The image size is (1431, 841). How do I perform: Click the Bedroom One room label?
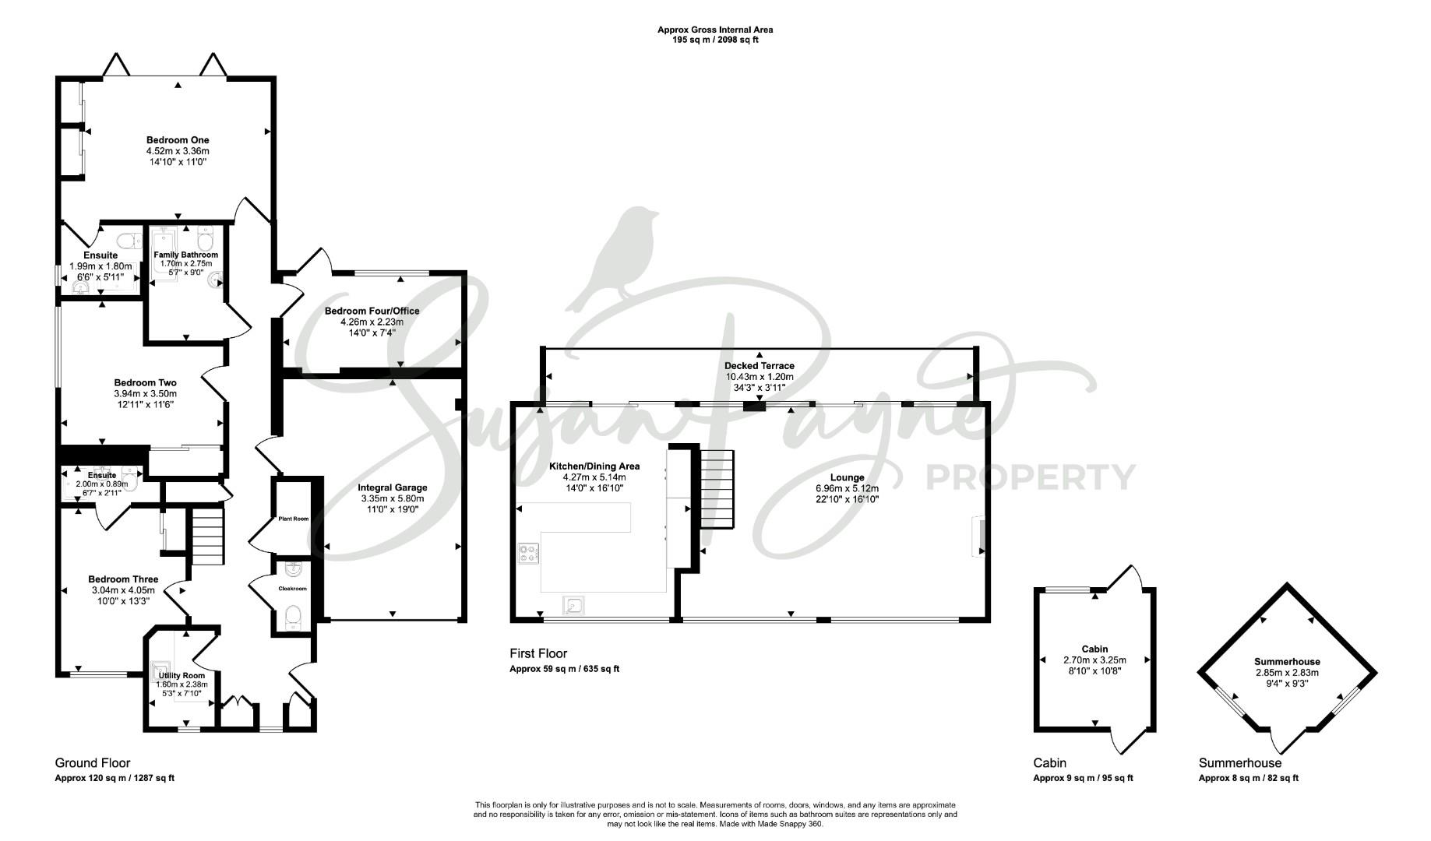[178, 140]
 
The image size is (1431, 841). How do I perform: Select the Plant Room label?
[294, 519]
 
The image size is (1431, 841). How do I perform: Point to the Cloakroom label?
[293, 589]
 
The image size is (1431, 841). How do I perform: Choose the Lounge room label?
[848, 478]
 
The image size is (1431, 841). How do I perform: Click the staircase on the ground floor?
[207, 537]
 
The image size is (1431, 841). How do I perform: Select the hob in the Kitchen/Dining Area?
[528, 554]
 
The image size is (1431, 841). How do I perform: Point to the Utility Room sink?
[160, 671]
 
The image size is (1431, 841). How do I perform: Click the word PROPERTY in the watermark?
[1030, 477]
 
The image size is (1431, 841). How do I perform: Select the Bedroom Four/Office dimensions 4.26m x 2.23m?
[372, 322]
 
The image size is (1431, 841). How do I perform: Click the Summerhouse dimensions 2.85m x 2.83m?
[1287, 673]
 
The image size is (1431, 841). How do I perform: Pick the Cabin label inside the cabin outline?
[1094, 649]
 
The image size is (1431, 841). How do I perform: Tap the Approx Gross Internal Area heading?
[715, 30]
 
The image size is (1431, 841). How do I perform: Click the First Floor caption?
[538, 654]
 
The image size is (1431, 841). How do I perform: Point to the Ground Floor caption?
[93, 763]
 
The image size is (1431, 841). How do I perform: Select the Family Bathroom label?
[185, 255]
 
